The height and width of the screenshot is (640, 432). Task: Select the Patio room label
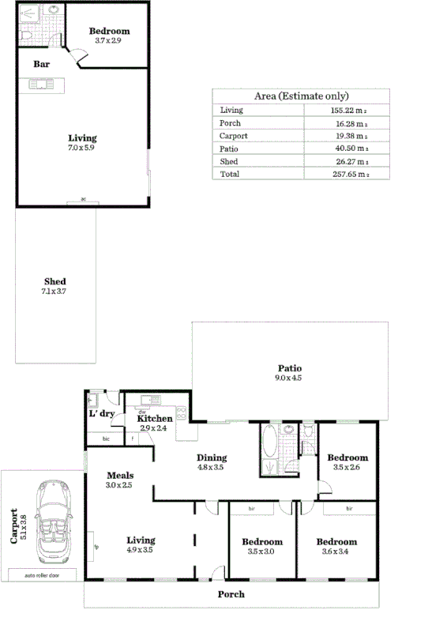click(x=289, y=368)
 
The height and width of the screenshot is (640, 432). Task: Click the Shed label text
click(x=54, y=282)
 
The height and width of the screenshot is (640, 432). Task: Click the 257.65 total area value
click(x=349, y=174)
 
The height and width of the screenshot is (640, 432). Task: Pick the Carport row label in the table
click(x=234, y=135)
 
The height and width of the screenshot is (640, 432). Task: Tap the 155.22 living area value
click(x=349, y=111)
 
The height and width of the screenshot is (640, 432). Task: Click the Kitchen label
click(x=155, y=419)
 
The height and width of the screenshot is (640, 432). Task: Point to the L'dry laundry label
click(x=103, y=414)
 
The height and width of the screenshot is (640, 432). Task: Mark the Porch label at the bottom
click(x=231, y=593)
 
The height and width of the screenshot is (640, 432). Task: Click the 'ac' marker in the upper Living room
click(x=82, y=200)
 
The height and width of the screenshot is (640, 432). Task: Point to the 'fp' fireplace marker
click(x=96, y=546)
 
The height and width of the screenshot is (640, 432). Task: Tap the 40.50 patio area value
click(x=349, y=148)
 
